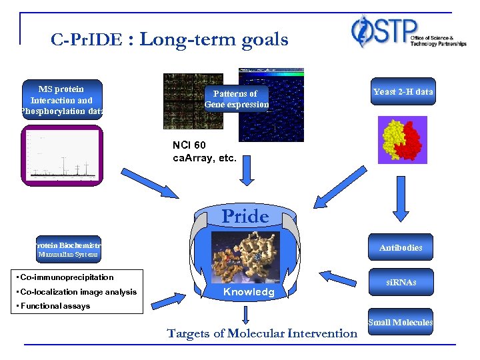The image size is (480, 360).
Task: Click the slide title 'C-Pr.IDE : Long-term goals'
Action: coord(169,39)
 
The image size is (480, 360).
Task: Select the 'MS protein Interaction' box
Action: coord(61,99)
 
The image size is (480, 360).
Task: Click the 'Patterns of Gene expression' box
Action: coord(237,99)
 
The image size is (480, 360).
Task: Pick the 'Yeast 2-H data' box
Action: coord(403,92)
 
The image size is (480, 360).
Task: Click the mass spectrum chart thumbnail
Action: coord(61,155)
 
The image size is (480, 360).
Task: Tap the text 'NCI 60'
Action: coord(189,146)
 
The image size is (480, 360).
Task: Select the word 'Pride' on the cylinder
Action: coord(245,217)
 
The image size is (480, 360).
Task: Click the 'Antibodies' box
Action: coord(401,247)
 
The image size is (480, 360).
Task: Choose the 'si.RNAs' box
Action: coord(400,282)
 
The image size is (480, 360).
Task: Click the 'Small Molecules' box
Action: coord(400,323)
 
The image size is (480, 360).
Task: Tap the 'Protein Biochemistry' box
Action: coord(68,246)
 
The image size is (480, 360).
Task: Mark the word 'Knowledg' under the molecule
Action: coord(249,292)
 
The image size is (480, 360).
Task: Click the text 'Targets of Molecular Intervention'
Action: coord(262,333)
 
